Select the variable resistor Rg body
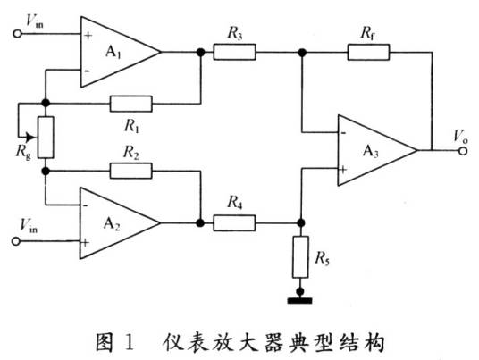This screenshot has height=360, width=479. coord(46,137)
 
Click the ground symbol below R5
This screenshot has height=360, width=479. coord(301,292)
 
